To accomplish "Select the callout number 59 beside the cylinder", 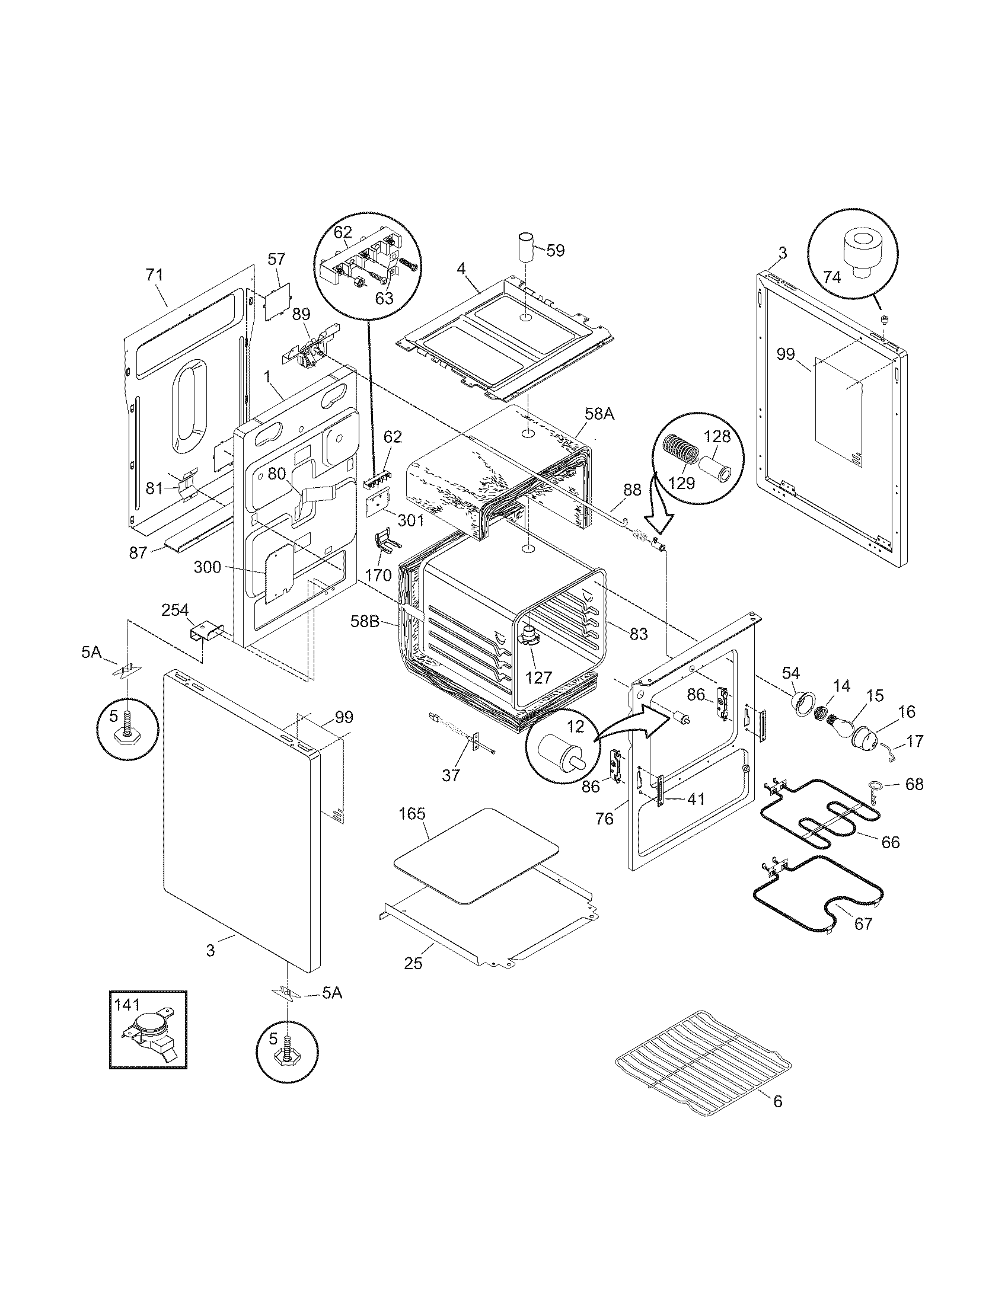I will (555, 250).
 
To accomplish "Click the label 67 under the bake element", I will (863, 923).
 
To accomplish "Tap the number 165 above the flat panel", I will (412, 813).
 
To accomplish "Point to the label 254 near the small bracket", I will (175, 610).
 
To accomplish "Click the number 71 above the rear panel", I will (154, 275).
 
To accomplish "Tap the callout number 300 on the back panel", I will (208, 567).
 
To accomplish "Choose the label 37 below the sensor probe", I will (451, 775).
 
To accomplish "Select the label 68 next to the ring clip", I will (914, 784).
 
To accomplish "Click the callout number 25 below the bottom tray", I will (413, 963).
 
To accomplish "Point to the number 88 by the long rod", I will (632, 490).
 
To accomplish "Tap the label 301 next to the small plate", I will (411, 520).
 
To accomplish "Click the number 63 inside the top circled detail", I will (384, 297).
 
